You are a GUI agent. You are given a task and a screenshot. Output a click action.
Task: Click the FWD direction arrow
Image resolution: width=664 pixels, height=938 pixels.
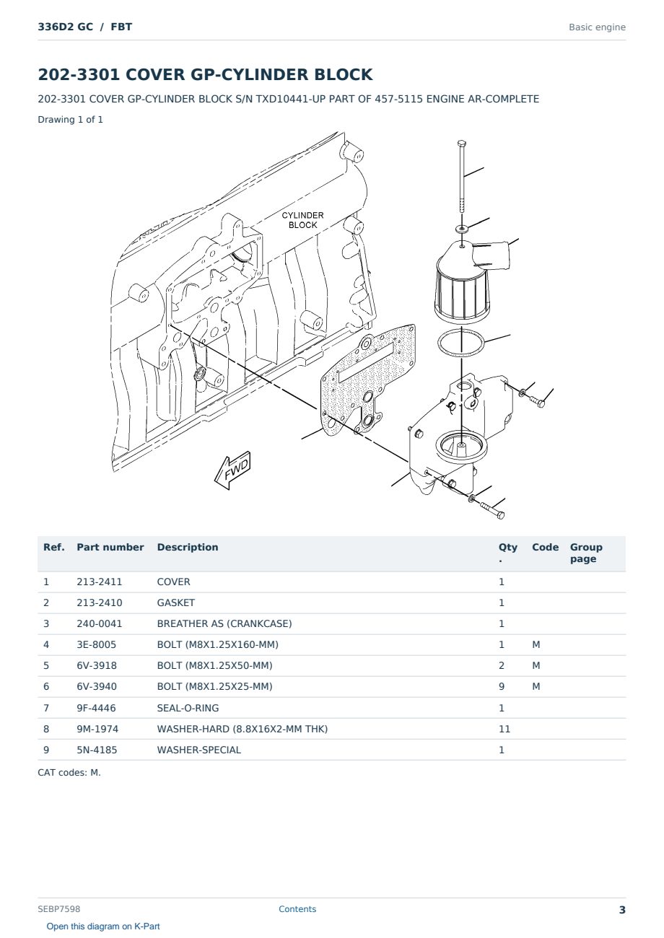(x=232, y=470)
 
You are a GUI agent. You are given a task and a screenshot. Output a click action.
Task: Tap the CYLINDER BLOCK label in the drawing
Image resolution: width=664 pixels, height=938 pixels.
(x=302, y=220)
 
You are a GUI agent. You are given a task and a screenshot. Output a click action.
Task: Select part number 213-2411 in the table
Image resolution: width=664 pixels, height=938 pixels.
(x=100, y=582)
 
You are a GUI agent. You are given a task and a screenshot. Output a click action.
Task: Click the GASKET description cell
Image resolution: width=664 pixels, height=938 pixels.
(x=176, y=602)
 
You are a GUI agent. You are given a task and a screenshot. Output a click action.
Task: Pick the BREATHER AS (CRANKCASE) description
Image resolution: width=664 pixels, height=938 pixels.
(x=224, y=623)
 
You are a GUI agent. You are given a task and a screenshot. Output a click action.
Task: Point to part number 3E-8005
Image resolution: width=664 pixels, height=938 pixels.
(x=97, y=644)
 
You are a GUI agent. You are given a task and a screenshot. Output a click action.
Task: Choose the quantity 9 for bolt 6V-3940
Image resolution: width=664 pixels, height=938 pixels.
(x=502, y=686)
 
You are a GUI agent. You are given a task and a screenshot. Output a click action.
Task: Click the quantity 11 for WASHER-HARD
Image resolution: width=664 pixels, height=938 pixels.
(x=504, y=729)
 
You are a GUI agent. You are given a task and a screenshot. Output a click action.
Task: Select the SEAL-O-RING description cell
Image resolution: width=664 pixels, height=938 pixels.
(x=188, y=708)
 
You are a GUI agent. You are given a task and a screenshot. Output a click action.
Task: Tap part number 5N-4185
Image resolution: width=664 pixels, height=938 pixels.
(x=97, y=750)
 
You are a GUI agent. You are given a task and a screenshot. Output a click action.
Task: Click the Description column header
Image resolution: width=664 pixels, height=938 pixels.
(x=188, y=547)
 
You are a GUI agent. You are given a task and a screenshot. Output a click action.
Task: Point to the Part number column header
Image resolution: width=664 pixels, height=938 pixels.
(x=110, y=547)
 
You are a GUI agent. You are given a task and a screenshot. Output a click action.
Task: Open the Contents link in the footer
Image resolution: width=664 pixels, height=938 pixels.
(x=297, y=909)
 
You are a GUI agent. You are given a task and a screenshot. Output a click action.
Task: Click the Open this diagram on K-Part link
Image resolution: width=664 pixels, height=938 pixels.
(x=103, y=926)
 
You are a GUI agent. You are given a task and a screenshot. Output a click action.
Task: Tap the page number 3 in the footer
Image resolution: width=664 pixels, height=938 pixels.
(x=622, y=910)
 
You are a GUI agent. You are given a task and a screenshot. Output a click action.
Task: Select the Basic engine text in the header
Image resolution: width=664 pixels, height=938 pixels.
(x=597, y=27)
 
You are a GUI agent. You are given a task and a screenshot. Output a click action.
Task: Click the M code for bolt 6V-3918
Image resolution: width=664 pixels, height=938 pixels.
(x=536, y=665)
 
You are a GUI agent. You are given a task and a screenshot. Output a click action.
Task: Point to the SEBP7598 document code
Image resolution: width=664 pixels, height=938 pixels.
(x=59, y=909)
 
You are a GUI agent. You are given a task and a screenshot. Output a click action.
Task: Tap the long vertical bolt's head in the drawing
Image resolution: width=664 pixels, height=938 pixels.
(x=462, y=144)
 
